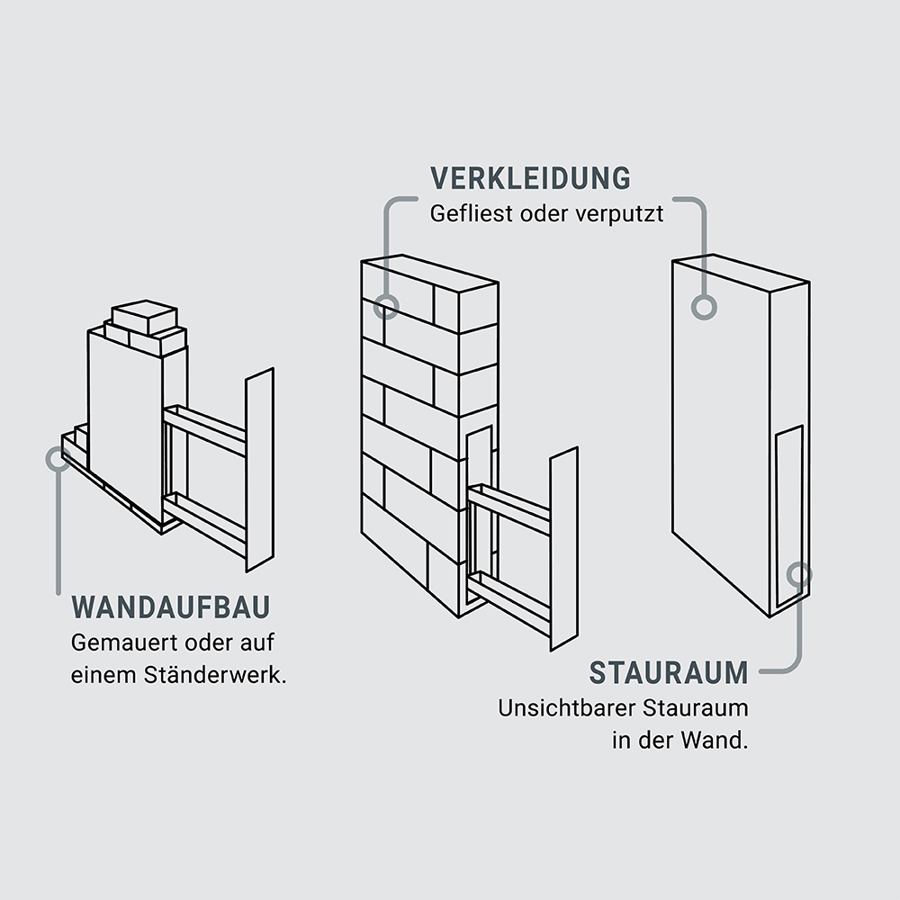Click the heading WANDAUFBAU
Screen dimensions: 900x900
point(170,607)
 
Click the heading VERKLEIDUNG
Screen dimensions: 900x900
point(530,178)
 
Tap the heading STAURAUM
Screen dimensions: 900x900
point(669,672)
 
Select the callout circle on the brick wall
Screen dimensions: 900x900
point(386,306)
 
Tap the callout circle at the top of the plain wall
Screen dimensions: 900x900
point(704,306)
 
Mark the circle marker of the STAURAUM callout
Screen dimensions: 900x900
point(799,573)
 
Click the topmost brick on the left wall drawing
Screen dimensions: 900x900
point(144,314)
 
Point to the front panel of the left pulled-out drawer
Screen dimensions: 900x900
point(259,469)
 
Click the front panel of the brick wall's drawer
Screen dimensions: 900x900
point(563,548)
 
